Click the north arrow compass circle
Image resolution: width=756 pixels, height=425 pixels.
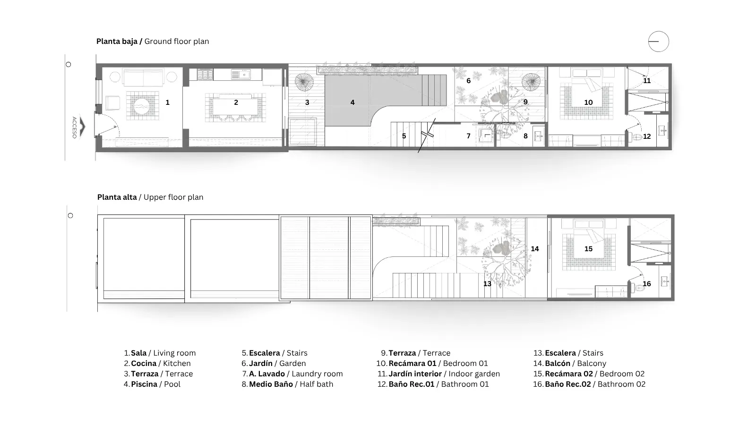(658, 32)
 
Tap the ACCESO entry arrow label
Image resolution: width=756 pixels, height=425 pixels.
(75, 127)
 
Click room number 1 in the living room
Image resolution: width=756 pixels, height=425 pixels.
(167, 102)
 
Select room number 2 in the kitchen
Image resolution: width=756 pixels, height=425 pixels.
(236, 102)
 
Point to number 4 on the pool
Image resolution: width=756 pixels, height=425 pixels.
(352, 102)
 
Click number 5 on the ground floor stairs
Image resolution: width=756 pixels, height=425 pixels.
(404, 136)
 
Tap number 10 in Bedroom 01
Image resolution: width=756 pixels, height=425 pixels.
(588, 102)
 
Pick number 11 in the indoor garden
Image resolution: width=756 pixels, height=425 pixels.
(647, 81)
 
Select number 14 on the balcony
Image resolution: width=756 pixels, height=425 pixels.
(534, 248)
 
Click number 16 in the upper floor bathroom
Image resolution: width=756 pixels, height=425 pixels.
(647, 284)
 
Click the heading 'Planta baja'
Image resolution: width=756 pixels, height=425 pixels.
(117, 41)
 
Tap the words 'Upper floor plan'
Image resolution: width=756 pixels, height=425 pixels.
(173, 197)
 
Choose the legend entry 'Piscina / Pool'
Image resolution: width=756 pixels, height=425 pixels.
(155, 384)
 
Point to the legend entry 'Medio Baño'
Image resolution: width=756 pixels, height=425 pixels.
(271, 384)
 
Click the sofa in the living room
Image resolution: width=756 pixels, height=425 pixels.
(144, 78)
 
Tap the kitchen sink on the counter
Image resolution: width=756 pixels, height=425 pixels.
(241, 74)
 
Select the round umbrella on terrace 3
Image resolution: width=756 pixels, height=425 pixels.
(304, 82)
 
